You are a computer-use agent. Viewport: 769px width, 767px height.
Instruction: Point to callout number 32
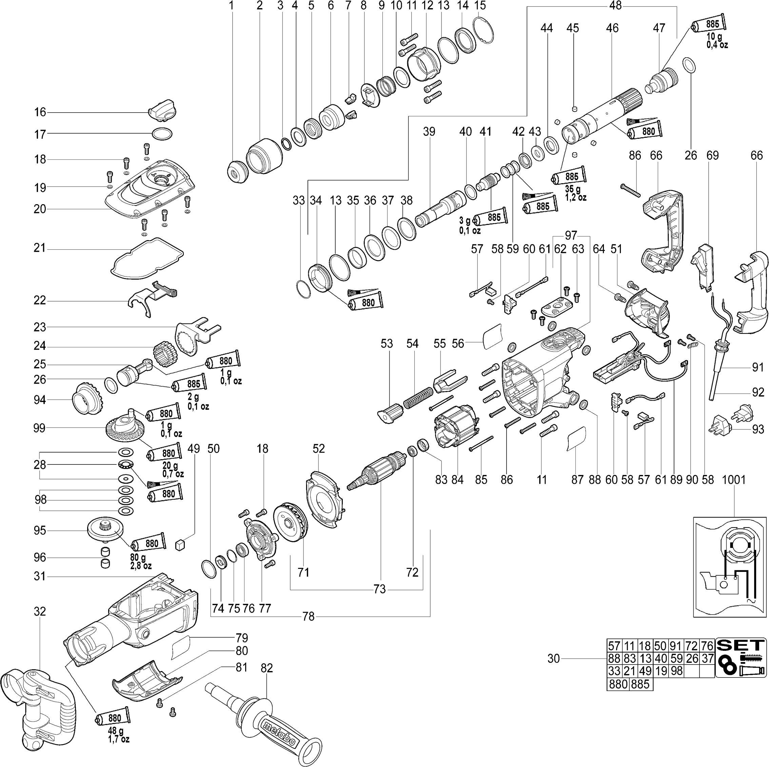pyautogui.click(x=40, y=612)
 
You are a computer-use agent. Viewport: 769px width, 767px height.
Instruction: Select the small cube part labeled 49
pyautogui.click(x=180, y=544)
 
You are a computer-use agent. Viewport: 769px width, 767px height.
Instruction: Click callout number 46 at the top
pyautogui.click(x=612, y=28)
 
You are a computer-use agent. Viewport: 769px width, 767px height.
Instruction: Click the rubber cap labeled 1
pyautogui.click(x=238, y=171)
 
